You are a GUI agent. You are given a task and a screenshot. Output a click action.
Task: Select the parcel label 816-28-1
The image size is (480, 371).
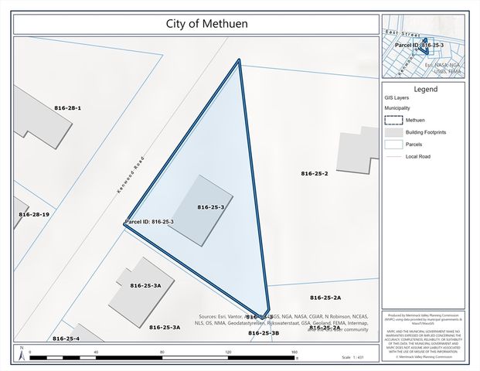click(67, 108)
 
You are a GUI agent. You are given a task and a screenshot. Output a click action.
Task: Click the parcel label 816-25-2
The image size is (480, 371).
click(315, 174)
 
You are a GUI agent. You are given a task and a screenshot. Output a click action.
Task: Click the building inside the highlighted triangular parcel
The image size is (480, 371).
click(201, 209)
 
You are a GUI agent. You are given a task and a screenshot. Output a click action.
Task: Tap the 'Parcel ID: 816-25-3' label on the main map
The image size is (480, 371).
click(150, 222)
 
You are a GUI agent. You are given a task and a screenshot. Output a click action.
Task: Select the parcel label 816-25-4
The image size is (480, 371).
click(66, 339)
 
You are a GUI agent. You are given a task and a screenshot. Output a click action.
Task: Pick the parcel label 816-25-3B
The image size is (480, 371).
click(264, 332)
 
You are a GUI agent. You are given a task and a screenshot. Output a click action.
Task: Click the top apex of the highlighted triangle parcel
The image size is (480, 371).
click(239, 60)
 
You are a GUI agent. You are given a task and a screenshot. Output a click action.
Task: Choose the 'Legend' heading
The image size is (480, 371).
click(425, 90)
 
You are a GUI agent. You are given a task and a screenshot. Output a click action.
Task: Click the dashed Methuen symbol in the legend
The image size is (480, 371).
click(393, 120)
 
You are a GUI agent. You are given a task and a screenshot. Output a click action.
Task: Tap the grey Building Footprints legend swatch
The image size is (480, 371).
click(393, 132)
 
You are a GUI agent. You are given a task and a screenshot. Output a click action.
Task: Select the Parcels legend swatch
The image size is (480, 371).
click(393, 144)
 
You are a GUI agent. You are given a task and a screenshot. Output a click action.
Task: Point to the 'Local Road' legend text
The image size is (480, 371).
click(418, 156)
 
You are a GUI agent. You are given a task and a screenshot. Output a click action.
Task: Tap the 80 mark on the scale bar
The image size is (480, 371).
click(162, 352)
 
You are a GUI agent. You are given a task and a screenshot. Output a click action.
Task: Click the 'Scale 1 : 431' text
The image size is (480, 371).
click(352, 357)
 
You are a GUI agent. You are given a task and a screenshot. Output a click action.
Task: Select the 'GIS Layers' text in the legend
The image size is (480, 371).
click(397, 99)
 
